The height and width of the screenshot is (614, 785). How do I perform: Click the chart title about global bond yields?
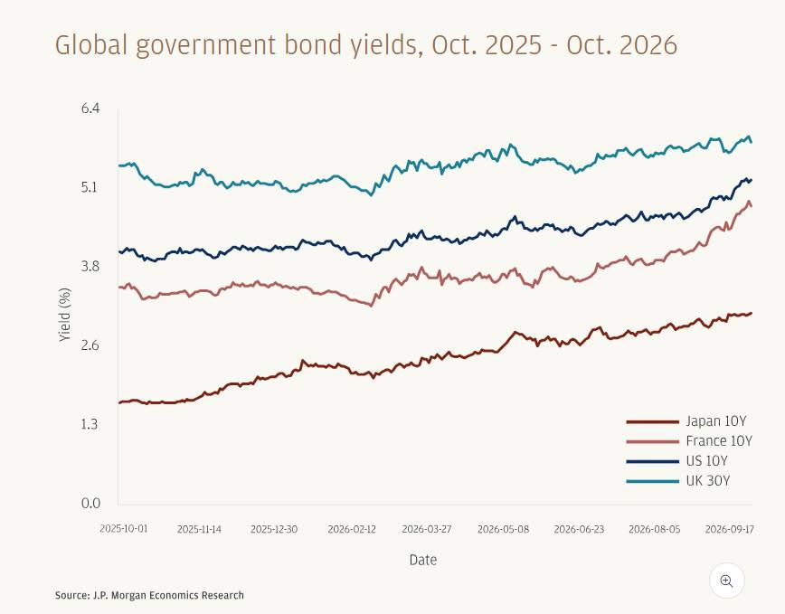[x=366, y=45]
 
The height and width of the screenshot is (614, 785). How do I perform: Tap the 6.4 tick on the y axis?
[x=90, y=109]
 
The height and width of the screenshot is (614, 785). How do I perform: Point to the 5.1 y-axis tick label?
[x=90, y=187]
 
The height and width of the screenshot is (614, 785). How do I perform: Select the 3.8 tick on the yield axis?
[x=90, y=266]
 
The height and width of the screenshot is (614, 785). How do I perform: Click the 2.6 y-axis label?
[x=90, y=345]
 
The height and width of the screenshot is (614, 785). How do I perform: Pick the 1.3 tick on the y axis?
[x=90, y=424]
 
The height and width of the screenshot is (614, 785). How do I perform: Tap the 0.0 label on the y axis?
[x=90, y=503]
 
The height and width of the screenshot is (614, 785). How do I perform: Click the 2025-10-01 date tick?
[x=124, y=529]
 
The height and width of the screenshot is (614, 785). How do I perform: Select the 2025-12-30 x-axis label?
[x=274, y=529]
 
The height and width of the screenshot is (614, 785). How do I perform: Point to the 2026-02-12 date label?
[x=352, y=529]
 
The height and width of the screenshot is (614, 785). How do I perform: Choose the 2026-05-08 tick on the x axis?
[x=503, y=529]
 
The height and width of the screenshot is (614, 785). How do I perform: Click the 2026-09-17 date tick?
[x=730, y=529]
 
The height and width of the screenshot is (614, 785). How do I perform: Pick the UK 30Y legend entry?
[x=678, y=481]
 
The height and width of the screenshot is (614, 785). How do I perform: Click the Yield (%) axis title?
[x=64, y=315]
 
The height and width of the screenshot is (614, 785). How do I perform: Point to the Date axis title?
[x=423, y=560]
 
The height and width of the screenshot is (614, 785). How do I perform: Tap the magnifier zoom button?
[x=726, y=581]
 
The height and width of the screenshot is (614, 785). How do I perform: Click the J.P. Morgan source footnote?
[x=150, y=596]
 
